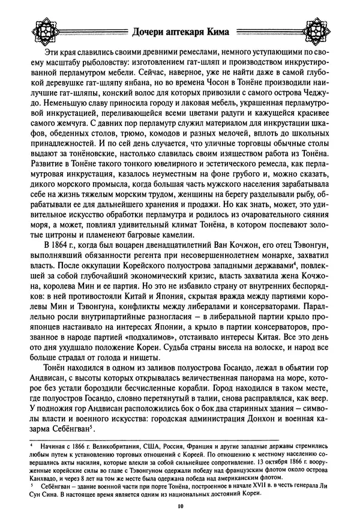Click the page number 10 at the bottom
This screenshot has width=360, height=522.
[x=179, y=506]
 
